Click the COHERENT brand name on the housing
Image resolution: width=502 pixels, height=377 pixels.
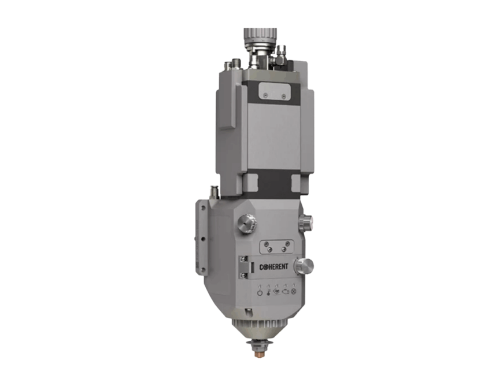click(273, 267)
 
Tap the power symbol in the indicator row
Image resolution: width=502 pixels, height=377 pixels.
click(260, 293)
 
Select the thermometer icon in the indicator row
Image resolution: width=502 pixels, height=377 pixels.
click(268, 292)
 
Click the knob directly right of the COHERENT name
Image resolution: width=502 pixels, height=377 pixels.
click(304, 266)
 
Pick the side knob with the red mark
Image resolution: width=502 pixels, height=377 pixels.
click(305, 222)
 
